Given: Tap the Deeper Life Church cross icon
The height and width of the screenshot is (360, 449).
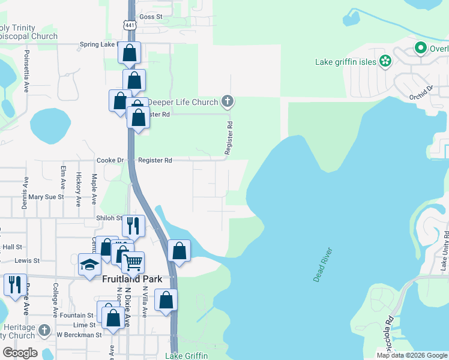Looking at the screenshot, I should (227, 101).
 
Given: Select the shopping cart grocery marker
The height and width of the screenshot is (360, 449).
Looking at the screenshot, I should (133, 262).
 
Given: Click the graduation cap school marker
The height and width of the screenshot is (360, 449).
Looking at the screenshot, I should (89, 264).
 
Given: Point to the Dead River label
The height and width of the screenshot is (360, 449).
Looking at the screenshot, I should (322, 263).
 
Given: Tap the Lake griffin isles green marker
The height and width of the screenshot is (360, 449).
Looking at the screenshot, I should (386, 61).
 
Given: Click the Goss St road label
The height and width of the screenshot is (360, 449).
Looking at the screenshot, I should (151, 17).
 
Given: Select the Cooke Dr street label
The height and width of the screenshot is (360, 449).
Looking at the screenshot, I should (110, 160).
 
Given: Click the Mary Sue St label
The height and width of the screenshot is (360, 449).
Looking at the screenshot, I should (46, 197).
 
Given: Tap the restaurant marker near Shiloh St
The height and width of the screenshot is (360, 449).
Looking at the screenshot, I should (133, 226).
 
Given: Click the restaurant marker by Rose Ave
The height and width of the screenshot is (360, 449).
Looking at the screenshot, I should (14, 284).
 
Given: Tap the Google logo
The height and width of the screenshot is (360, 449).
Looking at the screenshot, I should (20, 352).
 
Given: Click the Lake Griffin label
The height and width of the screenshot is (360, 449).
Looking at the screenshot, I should (186, 356).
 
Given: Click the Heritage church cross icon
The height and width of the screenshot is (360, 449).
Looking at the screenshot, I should (44, 330).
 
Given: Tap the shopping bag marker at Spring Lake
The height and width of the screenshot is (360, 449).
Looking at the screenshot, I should (129, 53).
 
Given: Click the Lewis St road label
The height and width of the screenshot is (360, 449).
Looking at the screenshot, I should (27, 261).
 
